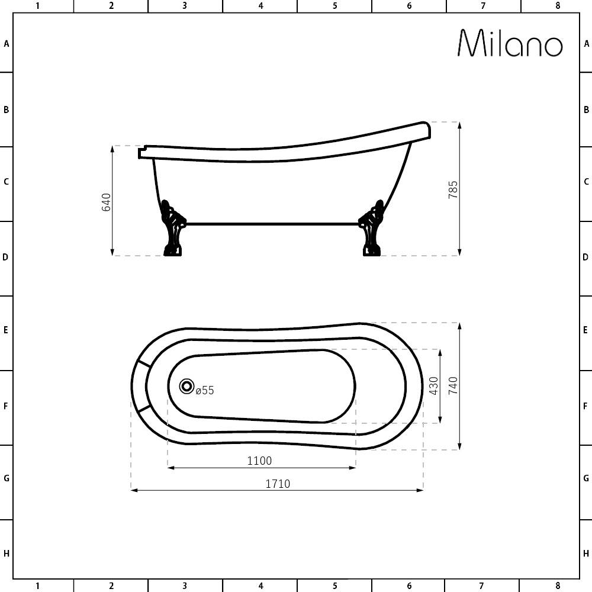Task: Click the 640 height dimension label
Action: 107,202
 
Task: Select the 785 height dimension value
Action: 453,189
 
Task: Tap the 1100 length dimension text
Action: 259,461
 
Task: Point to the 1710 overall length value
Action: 277,484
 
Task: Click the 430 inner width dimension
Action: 433,386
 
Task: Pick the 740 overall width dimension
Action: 453,386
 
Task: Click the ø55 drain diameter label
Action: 205,391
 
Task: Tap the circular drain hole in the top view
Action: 187,387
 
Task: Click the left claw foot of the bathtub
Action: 172,231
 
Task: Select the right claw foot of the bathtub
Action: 371,231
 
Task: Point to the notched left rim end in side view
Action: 143,152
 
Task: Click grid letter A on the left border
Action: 6,43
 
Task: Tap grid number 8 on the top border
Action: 557,6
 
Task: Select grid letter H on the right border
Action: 586,554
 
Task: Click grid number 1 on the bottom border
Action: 37,586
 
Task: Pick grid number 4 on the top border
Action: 260,6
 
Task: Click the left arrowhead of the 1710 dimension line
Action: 133,490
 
